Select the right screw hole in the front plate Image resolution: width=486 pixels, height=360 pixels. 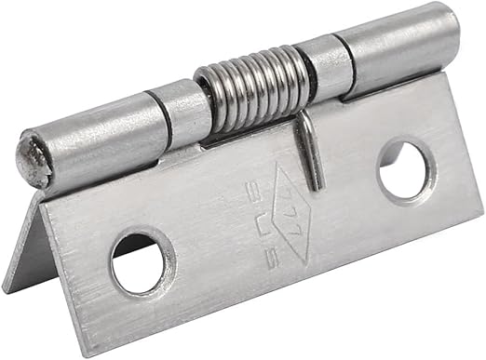(407, 169)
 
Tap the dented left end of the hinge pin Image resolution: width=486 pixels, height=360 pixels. (34, 157)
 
